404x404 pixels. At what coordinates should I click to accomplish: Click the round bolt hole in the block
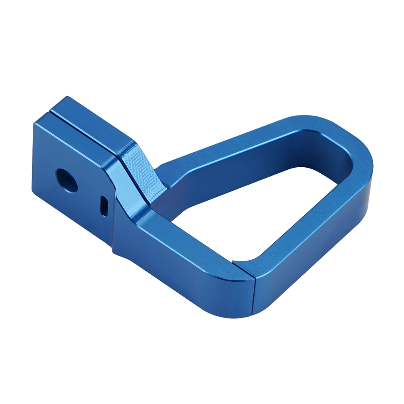(x=67, y=180)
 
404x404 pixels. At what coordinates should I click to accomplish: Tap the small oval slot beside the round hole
(x=104, y=205)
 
